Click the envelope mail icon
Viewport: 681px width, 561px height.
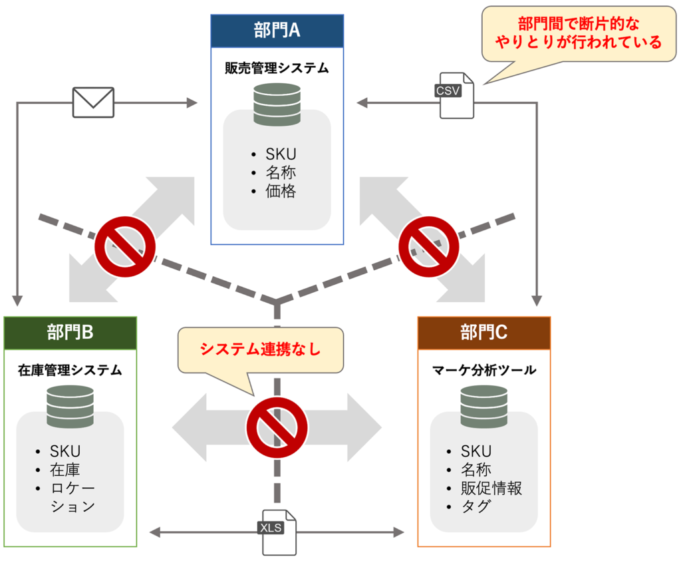[x=93, y=103]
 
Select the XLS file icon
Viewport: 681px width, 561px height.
[x=279, y=532]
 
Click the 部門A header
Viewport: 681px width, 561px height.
[x=277, y=31]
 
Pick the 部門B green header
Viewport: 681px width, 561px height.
[x=70, y=333]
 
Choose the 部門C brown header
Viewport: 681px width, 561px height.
[x=483, y=333]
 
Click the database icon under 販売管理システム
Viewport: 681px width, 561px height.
[x=277, y=104]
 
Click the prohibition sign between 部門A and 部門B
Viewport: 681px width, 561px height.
[x=125, y=246]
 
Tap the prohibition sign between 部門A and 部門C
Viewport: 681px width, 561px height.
[x=429, y=246]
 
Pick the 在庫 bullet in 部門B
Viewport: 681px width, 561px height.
[x=65, y=470]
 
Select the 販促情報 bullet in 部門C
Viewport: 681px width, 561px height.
[x=491, y=488]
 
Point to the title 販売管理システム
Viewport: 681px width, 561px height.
[x=277, y=68]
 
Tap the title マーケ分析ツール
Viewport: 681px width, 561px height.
[x=483, y=370]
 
